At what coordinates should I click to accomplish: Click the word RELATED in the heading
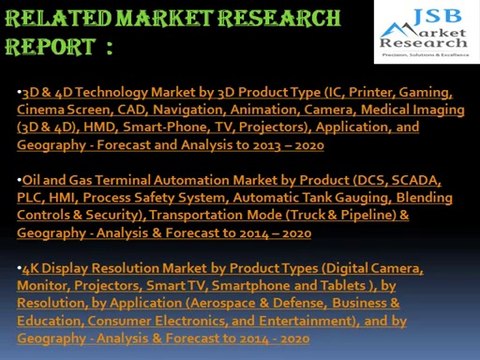[x=45, y=19]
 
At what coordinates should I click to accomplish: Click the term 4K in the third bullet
[x=31, y=269]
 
